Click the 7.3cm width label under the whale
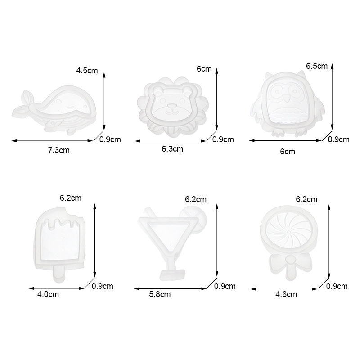[59, 150]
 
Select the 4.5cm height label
[87, 71]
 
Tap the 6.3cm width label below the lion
[172, 149]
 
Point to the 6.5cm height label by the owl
[317, 66]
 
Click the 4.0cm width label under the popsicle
[48, 294]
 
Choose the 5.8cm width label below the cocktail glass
[160, 294]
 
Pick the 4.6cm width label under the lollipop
[286, 294]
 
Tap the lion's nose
[172, 106]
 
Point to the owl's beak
[286, 99]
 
